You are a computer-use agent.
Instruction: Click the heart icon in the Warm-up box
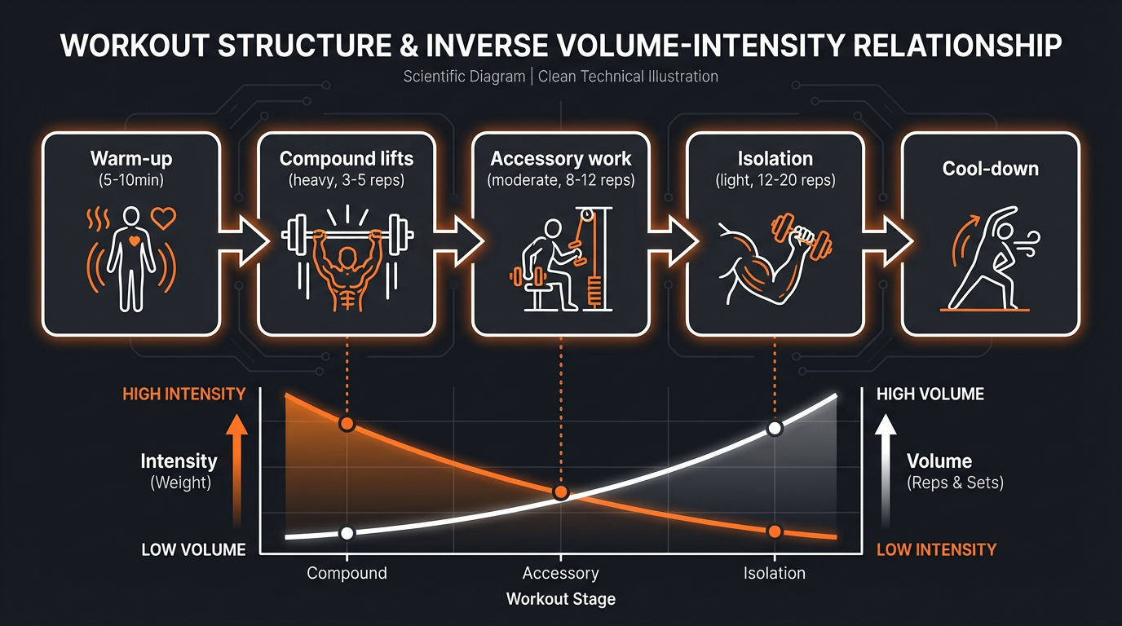click(164, 218)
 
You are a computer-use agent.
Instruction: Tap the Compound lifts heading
click(347, 159)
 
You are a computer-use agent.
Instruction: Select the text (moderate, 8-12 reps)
click(561, 180)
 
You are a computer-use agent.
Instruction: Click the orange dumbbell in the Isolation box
click(801, 237)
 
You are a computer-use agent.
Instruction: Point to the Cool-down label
click(990, 169)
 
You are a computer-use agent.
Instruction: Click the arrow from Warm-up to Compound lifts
click(244, 241)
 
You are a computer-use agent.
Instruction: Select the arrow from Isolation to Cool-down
click(888, 241)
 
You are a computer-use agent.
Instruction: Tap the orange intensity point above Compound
click(347, 424)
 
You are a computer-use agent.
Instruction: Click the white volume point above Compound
click(347, 533)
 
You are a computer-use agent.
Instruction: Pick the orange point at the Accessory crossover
click(561, 493)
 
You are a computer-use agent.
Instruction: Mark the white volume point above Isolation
click(775, 429)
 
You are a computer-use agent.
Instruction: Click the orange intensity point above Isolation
click(775, 531)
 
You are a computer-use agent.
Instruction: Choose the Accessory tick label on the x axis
click(560, 573)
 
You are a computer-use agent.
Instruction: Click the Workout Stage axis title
click(561, 599)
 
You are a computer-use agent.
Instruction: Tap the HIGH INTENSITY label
click(184, 395)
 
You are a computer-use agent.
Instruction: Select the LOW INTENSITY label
click(937, 550)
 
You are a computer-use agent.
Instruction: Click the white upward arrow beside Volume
click(886, 471)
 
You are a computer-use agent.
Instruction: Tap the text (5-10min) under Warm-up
click(131, 180)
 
